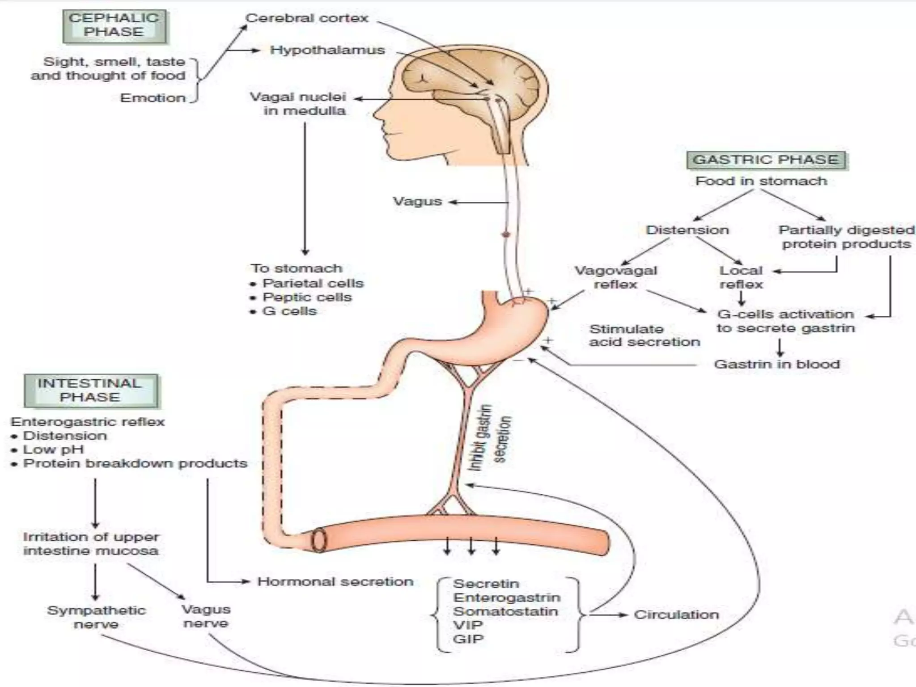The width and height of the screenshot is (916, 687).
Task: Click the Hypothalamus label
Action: (x=327, y=50)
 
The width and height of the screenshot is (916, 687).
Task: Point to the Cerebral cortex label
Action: (x=307, y=18)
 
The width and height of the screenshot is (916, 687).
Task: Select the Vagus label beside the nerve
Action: (x=417, y=201)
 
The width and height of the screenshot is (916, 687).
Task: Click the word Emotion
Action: (x=153, y=98)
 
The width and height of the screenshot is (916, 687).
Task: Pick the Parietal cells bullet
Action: (x=313, y=284)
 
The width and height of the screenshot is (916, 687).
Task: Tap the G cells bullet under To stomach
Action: (x=289, y=311)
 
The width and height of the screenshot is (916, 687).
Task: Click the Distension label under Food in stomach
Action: (x=687, y=230)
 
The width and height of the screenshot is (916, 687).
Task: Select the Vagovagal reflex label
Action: (x=615, y=277)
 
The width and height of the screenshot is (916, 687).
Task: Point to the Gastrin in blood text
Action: (x=777, y=364)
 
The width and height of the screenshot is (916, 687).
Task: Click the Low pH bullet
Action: (x=53, y=450)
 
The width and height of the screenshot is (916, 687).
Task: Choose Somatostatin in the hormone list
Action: (x=505, y=611)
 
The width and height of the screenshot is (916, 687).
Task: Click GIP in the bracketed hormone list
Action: (x=468, y=639)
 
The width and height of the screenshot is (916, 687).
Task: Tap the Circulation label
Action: (x=676, y=615)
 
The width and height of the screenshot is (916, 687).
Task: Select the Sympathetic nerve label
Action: (x=96, y=617)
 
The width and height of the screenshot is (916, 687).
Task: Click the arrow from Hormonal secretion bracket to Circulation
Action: (x=608, y=615)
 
